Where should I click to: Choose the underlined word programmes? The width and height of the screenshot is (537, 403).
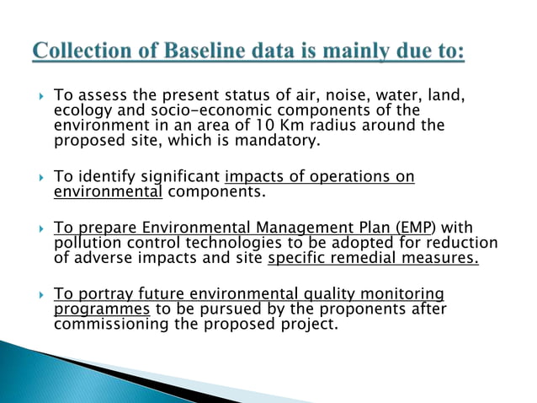point(102,309)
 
